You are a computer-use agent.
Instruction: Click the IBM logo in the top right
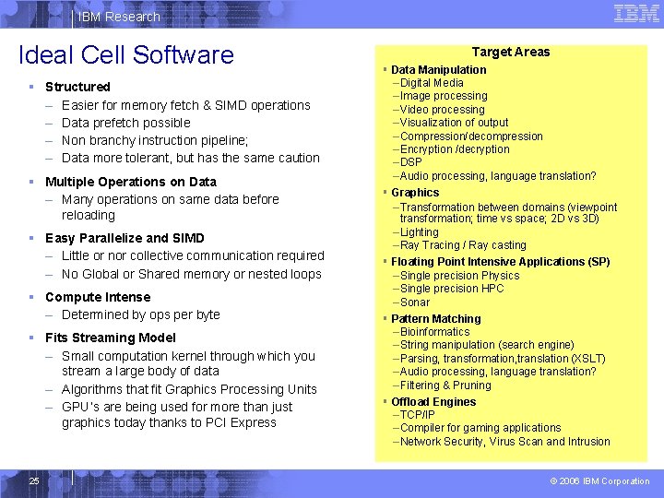point(635,13)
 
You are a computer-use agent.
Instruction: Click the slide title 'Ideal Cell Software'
point(126,54)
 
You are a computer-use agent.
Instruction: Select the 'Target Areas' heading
point(511,52)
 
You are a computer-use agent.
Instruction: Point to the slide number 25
point(33,480)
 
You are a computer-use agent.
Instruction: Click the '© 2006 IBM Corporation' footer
point(599,480)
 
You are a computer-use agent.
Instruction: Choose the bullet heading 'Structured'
point(77,87)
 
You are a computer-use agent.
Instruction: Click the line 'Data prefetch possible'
point(125,123)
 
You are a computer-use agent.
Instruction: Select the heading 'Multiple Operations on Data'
point(130,182)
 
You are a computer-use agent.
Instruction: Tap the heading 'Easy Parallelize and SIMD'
point(125,238)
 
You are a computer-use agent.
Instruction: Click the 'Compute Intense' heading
point(97,297)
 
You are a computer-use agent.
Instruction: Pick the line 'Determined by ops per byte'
point(140,314)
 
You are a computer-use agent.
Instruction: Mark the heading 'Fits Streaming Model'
point(110,338)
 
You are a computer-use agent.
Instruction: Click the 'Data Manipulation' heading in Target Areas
point(438,69)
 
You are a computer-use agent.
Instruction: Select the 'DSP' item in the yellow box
point(410,162)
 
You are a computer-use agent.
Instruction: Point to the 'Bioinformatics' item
point(434,332)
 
